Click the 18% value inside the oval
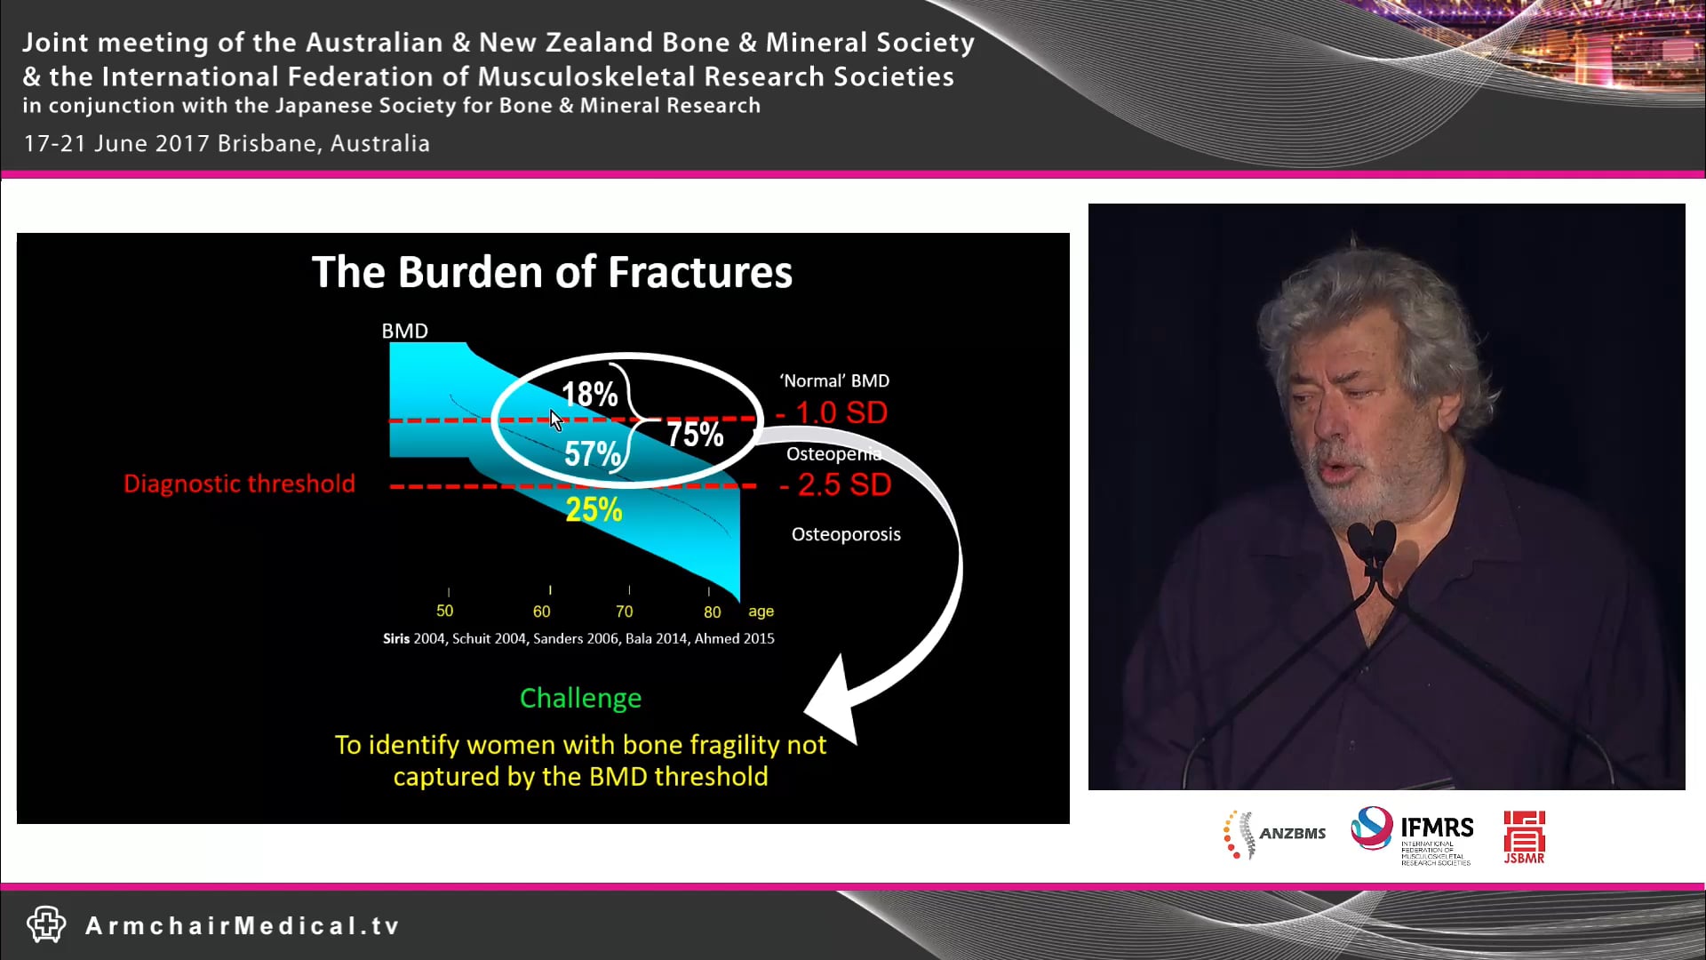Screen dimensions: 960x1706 coord(589,394)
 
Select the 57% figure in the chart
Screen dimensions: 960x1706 coord(592,453)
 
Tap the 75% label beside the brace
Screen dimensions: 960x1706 coord(695,435)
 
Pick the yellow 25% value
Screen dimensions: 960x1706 coord(594,509)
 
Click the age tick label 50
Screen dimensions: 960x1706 coord(444,611)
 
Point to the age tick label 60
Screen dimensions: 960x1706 coord(541,612)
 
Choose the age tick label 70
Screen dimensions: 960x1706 coord(624,612)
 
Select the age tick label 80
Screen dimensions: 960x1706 coord(712,612)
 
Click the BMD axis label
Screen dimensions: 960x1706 coord(404,331)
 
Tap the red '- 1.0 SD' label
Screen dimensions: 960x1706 coord(832,412)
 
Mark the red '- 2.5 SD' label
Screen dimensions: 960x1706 coord(835,484)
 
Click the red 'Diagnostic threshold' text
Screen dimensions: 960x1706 coord(239,484)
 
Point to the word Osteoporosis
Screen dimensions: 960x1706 coord(846,534)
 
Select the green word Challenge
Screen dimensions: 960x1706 coord(580,698)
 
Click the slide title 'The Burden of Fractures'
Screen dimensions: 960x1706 coord(552,272)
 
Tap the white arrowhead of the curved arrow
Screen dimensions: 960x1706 coord(833,702)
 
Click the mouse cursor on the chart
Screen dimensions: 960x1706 coord(556,420)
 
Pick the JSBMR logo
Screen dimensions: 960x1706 coord(1524,836)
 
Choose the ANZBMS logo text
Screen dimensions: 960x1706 coord(1292,834)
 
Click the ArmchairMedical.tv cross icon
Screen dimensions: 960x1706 coord(46,924)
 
